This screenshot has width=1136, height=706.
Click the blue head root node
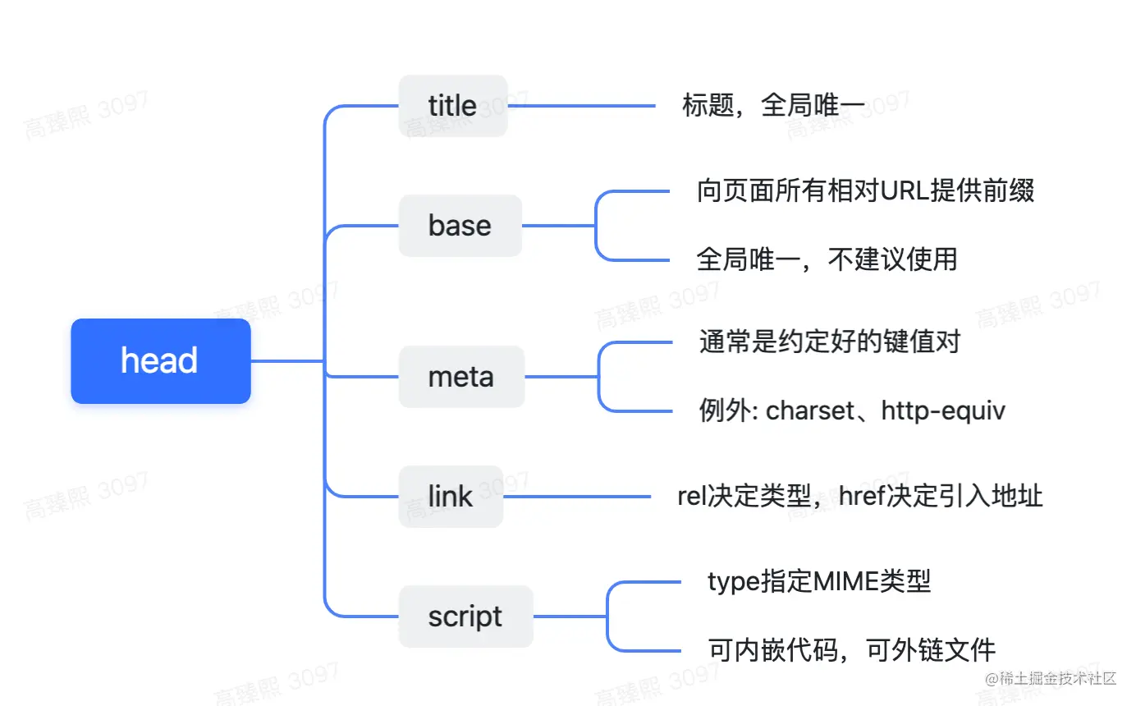[x=160, y=361]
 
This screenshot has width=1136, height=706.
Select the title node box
[x=453, y=106]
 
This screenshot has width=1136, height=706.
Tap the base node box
[x=460, y=226]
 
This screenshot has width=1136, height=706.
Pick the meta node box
[x=460, y=377]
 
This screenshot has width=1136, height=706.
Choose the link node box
[x=451, y=497]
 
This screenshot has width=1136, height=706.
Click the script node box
[x=465, y=617]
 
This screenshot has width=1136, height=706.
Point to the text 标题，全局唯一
[x=773, y=106]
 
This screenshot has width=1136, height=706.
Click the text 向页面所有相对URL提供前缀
[x=865, y=190]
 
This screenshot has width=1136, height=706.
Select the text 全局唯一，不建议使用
[x=827, y=259]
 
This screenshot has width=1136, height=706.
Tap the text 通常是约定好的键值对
[x=829, y=341]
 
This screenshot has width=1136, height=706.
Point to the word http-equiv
[x=943, y=410]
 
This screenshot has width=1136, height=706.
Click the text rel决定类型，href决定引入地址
[x=859, y=497]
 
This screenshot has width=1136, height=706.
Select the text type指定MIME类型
[x=819, y=582]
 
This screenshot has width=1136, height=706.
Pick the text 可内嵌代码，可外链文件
[x=851, y=650]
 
